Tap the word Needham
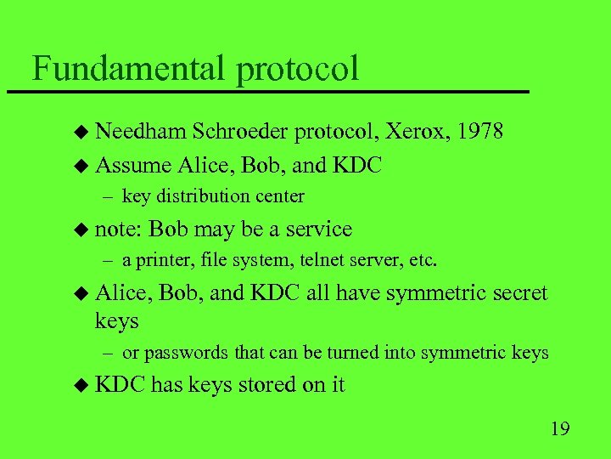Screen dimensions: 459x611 coord(141,132)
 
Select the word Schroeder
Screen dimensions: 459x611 coord(241,132)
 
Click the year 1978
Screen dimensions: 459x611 coord(479,132)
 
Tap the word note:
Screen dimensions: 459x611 coord(120,229)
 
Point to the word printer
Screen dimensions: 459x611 coord(160,261)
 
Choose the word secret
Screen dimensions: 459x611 coord(512,293)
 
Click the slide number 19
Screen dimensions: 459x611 coord(559,428)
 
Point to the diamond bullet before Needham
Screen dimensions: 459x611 coord(81,133)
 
